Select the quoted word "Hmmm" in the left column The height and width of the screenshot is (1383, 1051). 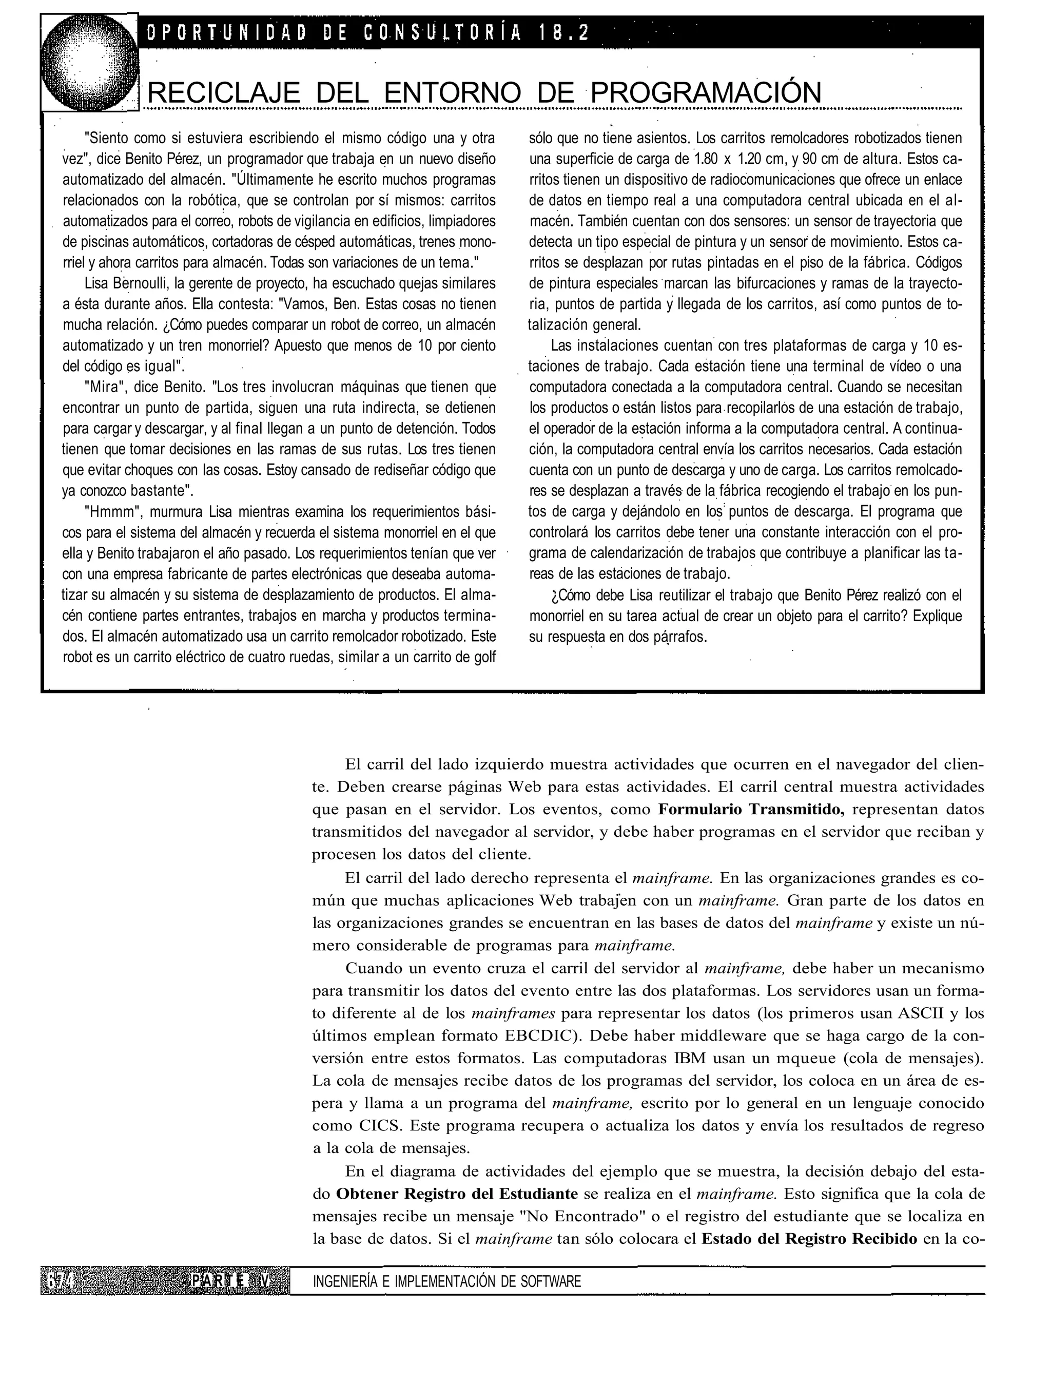[106, 512]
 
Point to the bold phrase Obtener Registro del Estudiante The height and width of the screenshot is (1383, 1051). [457, 1194]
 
